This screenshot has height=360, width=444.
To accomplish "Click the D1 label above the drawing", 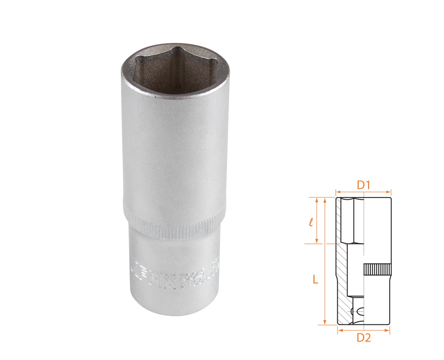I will tap(364, 185).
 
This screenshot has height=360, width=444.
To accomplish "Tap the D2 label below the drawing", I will tap(364, 337).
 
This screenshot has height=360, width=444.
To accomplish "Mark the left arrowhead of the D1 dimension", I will tap(337, 191).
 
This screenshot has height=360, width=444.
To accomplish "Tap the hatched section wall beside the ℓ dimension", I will tap(339, 220).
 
